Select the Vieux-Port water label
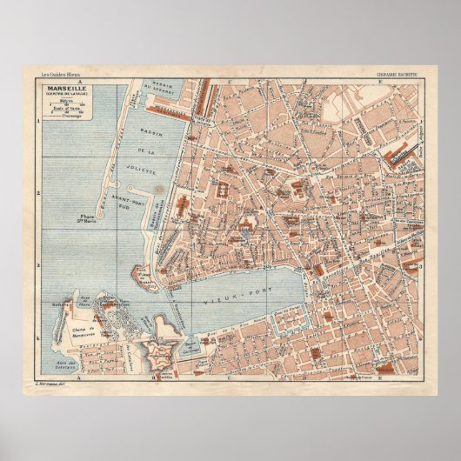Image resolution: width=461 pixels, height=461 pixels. pos(258,286)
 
